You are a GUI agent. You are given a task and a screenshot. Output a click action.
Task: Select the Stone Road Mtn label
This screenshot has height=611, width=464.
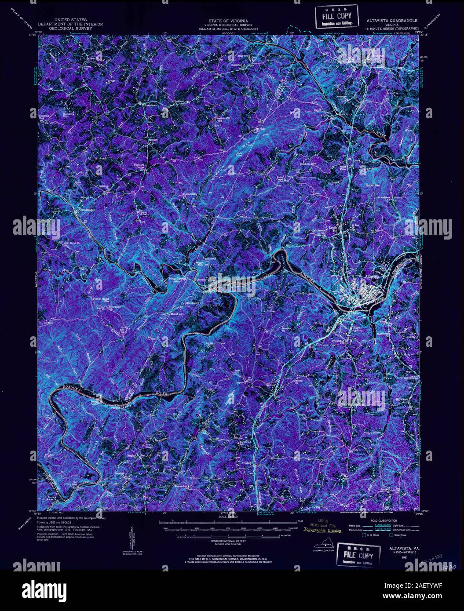[x=100, y=300]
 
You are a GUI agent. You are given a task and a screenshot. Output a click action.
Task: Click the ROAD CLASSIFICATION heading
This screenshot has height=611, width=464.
[x=376, y=519]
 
